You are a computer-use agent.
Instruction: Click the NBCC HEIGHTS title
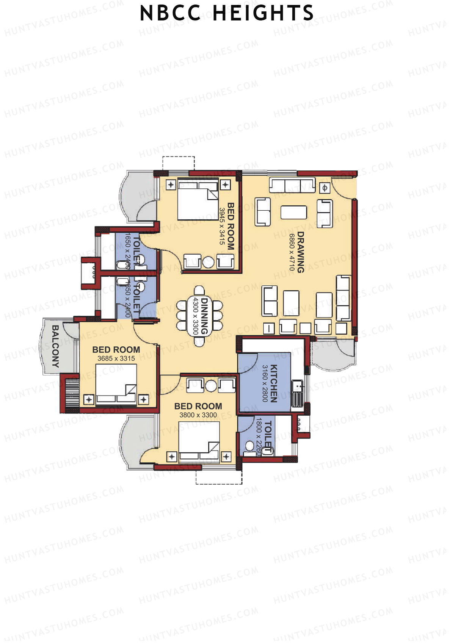coord(227,14)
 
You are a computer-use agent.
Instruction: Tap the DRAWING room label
coord(301,252)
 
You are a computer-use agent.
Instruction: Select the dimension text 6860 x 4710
coord(292,252)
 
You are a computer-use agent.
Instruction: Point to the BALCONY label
coord(55,346)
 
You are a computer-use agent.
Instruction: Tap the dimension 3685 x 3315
coord(116,358)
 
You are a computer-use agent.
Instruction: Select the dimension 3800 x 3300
coord(198,415)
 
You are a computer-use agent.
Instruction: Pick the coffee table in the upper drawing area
coord(293,212)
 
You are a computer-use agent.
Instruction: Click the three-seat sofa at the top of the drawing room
coord(292,185)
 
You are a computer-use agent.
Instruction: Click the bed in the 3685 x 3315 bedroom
coord(116,383)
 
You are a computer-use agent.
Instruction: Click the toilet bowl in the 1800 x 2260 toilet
coord(249,446)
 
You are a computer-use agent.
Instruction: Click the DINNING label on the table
coord(205,316)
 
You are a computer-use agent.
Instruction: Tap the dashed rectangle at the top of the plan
coord(178,163)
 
